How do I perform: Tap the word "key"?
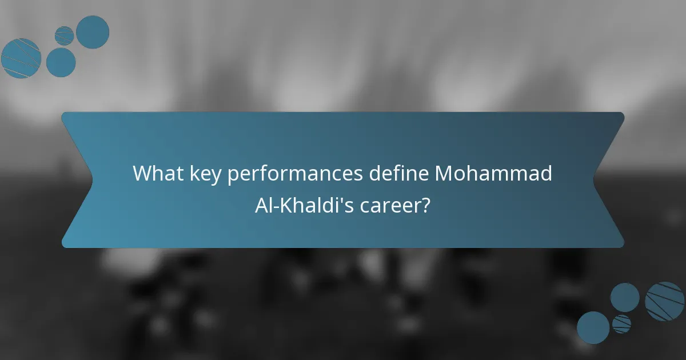[x=202, y=173]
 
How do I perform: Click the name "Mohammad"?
[x=493, y=173]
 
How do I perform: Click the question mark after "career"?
[x=425, y=205]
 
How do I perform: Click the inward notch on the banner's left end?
[x=91, y=180]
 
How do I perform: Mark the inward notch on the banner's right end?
[x=595, y=180]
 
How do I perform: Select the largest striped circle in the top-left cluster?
[x=21, y=58]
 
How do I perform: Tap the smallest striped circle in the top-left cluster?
[x=64, y=35]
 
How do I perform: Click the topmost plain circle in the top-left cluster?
[x=93, y=32]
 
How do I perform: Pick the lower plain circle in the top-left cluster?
[x=61, y=62]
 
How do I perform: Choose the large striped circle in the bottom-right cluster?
[x=664, y=301]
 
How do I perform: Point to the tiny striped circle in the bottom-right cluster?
[x=621, y=324]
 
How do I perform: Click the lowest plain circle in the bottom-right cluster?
[x=593, y=327]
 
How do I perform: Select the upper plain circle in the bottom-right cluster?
[x=625, y=297]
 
